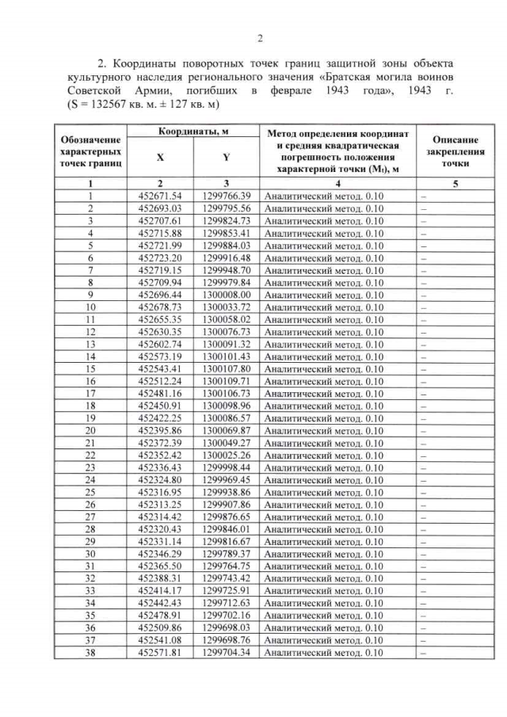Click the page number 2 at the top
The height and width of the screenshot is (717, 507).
[260, 39]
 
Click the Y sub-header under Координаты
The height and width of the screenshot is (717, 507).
[227, 158]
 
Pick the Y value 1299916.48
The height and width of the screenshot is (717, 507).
[227, 257]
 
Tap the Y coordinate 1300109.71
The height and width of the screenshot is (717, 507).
[227, 380]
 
